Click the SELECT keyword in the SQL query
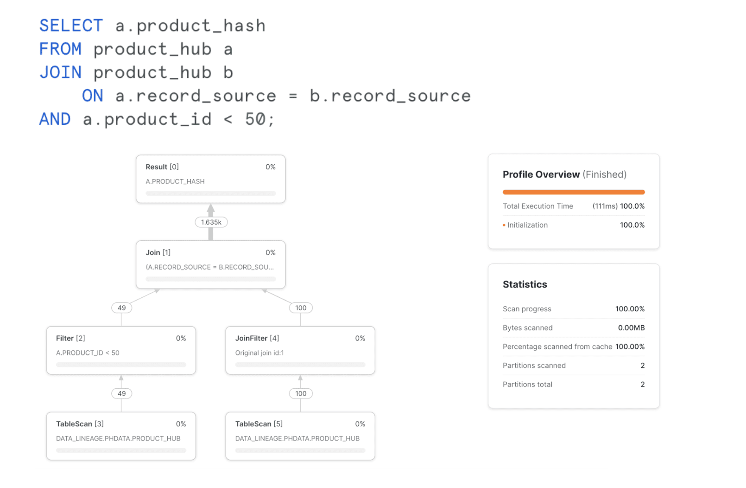click(71, 26)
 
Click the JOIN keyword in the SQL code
click(60, 72)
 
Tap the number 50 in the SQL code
click(255, 119)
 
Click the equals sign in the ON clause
click(293, 96)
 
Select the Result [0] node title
click(162, 167)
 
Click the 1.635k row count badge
click(211, 222)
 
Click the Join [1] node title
click(158, 253)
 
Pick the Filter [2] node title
click(70, 339)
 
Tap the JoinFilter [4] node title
click(257, 339)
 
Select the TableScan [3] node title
click(80, 424)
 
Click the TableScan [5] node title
click(259, 424)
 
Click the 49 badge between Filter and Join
click(121, 308)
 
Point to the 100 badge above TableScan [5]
click(301, 394)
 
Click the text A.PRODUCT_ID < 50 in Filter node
click(88, 353)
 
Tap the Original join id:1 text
click(259, 353)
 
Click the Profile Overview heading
click(541, 175)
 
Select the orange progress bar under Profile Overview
click(573, 192)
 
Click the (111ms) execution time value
click(605, 206)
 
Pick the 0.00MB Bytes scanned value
click(631, 328)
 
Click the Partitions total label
click(527, 385)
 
